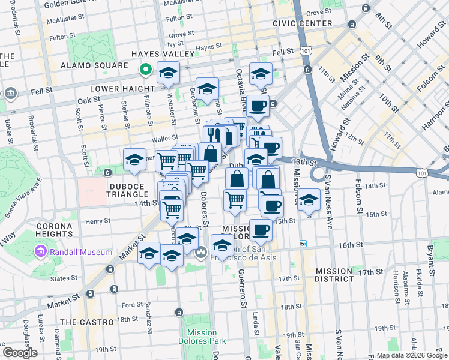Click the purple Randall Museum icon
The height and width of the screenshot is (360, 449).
click(41, 251)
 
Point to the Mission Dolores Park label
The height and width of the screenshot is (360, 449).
click(202, 337)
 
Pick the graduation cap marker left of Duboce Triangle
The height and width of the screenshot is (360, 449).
click(134, 160)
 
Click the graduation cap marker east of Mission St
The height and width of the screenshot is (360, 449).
click(309, 200)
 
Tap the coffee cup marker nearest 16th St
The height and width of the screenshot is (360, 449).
click(261, 230)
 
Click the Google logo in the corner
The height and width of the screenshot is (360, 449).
click(20, 353)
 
